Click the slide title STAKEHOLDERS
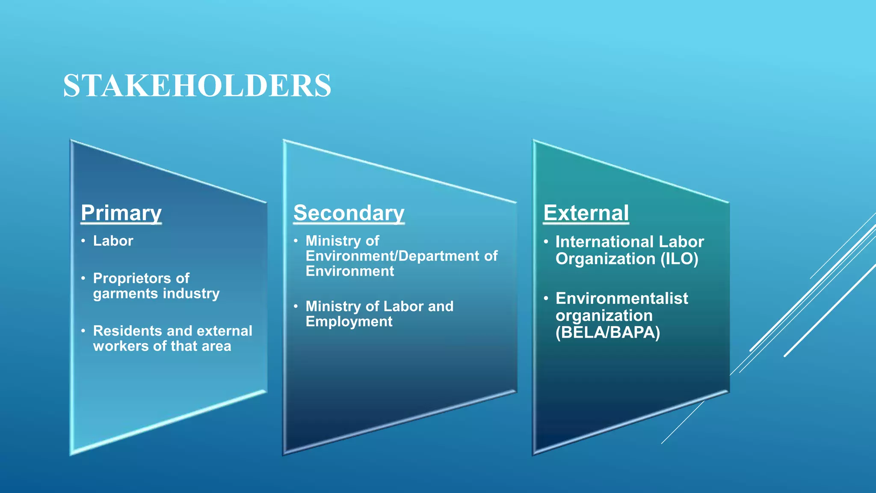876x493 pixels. [x=197, y=86]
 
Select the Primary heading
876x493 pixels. [x=121, y=213]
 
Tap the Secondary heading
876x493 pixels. [x=349, y=213]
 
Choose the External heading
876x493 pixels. [x=586, y=213]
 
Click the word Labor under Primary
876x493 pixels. [x=113, y=241]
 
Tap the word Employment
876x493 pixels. [x=349, y=321]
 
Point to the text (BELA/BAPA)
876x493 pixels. [x=607, y=333]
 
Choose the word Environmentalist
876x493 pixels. [x=621, y=298]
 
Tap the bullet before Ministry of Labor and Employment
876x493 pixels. [x=296, y=306]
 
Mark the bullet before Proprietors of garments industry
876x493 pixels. [x=83, y=278]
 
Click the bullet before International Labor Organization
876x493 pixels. [x=546, y=242]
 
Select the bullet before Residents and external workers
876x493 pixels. [x=83, y=331]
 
